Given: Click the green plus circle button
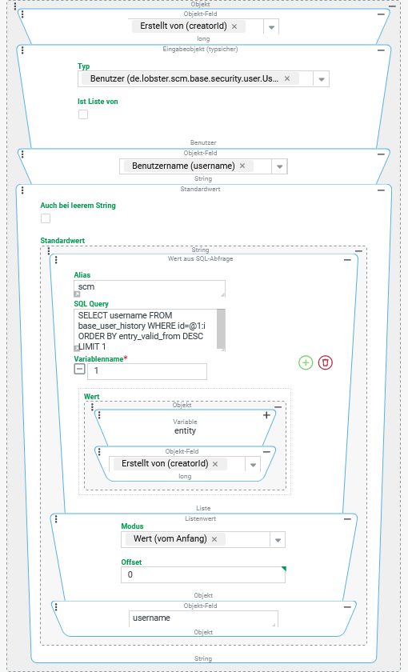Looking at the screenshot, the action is pyautogui.click(x=306, y=362).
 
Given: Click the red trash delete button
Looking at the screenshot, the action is pyautogui.click(x=326, y=362).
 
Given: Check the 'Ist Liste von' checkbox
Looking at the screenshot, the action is pyautogui.click(x=83, y=114).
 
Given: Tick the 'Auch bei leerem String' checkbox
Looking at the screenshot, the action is pyautogui.click(x=46, y=218).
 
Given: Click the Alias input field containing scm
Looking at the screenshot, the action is pyautogui.click(x=149, y=289).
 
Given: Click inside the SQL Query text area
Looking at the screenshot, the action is pyautogui.click(x=146, y=330).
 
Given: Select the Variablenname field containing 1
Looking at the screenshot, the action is pyautogui.click(x=147, y=371).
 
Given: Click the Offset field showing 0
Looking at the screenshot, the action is pyautogui.click(x=203, y=574).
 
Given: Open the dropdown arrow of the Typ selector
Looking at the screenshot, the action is pyautogui.click(x=322, y=79).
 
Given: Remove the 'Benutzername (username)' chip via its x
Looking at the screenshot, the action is pyautogui.click(x=242, y=166).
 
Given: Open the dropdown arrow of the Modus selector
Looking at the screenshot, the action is pyautogui.click(x=278, y=539).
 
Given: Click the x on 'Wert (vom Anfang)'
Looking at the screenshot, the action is pyautogui.click(x=214, y=539).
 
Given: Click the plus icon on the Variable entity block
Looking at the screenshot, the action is pyautogui.click(x=266, y=415).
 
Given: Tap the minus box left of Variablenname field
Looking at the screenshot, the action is pyautogui.click(x=80, y=369).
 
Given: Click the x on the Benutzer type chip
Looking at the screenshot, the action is pyautogui.click(x=287, y=78).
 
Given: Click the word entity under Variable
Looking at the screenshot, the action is pyautogui.click(x=185, y=430).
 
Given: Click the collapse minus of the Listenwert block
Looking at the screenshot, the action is pyautogui.click(x=347, y=519).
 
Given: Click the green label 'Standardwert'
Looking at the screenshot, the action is pyautogui.click(x=62, y=241).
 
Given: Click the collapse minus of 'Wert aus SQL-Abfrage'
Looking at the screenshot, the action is pyautogui.click(x=347, y=260).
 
